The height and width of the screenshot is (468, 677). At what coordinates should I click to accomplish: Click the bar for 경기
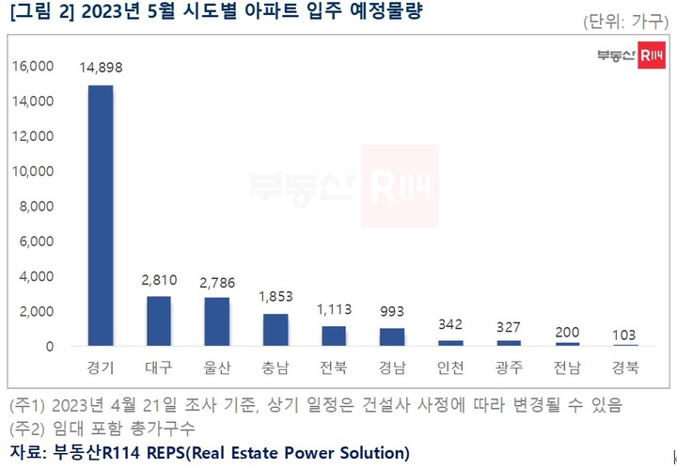101,216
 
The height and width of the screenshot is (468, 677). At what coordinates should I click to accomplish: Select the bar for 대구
159,321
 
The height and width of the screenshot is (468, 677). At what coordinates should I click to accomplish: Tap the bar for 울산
216,322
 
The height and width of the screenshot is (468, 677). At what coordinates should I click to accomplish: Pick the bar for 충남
275,330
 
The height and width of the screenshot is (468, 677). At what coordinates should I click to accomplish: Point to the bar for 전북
334,336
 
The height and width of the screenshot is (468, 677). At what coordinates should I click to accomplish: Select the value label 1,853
275,297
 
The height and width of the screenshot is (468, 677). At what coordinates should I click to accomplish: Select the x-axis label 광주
509,367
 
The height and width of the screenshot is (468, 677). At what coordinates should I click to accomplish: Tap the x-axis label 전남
567,367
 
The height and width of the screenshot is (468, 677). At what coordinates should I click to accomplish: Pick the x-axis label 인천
450,367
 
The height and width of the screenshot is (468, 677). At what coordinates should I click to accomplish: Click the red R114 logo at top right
651,56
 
